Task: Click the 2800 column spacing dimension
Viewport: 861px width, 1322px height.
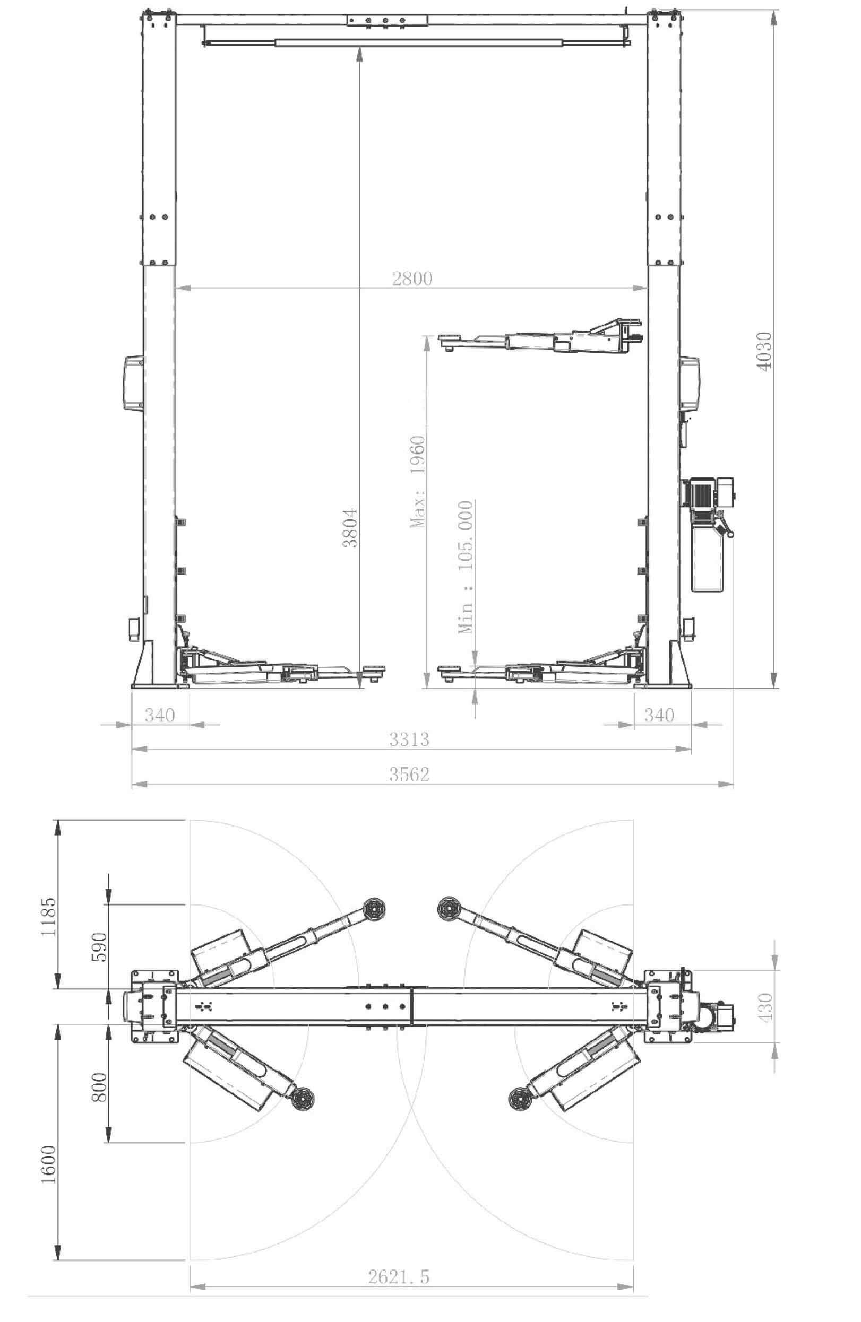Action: [412, 278]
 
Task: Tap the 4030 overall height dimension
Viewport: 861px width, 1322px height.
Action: [765, 351]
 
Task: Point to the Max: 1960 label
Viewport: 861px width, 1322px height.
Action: [417, 481]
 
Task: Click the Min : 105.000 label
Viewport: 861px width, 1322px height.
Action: [465, 567]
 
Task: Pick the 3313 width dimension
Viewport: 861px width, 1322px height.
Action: [409, 740]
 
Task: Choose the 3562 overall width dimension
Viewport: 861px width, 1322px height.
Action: [409, 774]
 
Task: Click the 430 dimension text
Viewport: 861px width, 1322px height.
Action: [765, 1006]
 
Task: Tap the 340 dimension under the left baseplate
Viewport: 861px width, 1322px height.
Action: [160, 715]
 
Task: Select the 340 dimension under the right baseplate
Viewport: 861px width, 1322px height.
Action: [659, 715]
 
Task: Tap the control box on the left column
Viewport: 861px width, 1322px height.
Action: [132, 383]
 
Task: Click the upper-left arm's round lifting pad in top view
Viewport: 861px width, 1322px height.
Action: [373, 909]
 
